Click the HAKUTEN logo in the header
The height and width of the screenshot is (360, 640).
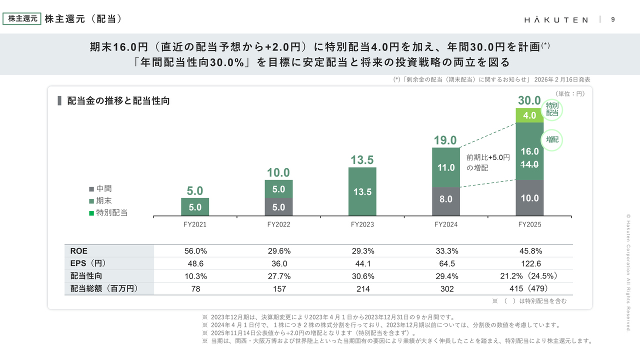click(556, 19)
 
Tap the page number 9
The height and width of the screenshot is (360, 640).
click(613, 19)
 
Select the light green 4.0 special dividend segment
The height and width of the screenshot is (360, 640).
click(529, 115)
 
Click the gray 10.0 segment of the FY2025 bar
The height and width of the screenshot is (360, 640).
click(529, 198)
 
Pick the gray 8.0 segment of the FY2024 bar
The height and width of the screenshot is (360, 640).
click(446, 198)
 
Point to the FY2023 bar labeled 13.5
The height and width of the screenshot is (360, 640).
click(362, 191)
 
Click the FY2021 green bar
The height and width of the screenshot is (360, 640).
click(195, 207)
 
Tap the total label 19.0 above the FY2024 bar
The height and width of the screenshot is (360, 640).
click(445, 140)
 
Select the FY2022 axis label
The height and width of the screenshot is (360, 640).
click(278, 224)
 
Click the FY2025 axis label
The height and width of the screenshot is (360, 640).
click(529, 224)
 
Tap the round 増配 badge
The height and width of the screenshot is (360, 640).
click(552, 140)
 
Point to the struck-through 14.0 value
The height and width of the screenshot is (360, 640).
click(529, 164)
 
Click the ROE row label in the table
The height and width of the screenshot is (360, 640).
click(79, 251)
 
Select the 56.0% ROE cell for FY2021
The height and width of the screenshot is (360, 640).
click(195, 251)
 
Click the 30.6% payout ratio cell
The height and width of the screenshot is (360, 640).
click(362, 276)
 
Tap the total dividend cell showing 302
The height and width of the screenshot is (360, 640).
click(446, 288)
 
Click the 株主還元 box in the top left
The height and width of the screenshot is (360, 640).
click(22, 19)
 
